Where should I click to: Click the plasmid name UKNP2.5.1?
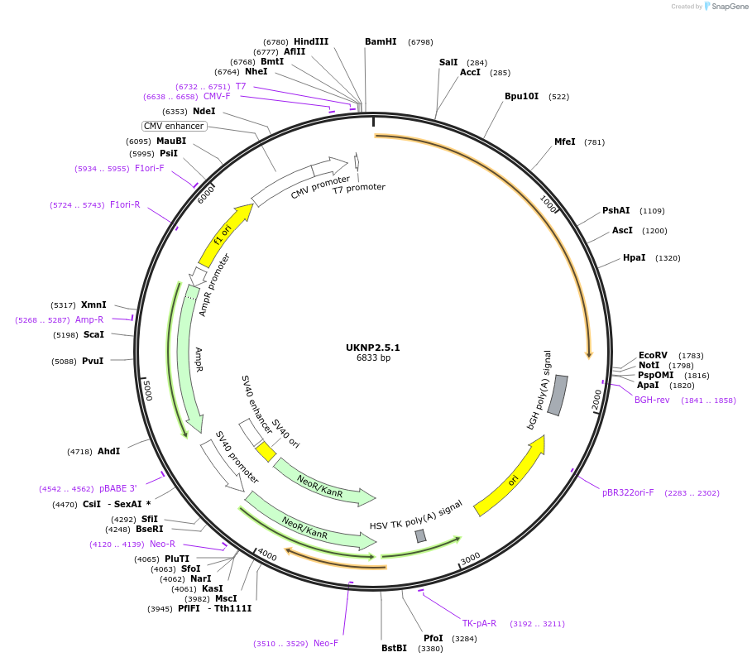[372, 348]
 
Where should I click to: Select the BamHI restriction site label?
[381, 41]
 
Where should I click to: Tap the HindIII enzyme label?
[311, 41]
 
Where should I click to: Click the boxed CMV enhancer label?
[174, 126]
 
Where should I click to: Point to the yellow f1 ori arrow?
[225, 234]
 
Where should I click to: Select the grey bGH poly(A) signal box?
[558, 395]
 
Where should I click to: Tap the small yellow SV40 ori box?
[266, 451]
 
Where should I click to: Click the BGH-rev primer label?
[652, 400]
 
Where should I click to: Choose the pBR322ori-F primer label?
[628, 492]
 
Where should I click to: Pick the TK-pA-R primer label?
[479, 623]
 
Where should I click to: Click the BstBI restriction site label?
[394, 648]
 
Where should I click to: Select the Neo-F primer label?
[326, 643]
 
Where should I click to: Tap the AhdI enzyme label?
[108, 451]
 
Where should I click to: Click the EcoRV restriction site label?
[653, 355]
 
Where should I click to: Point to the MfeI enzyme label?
[565, 142]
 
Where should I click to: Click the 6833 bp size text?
[372, 358]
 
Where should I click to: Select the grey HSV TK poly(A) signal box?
[421, 535]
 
